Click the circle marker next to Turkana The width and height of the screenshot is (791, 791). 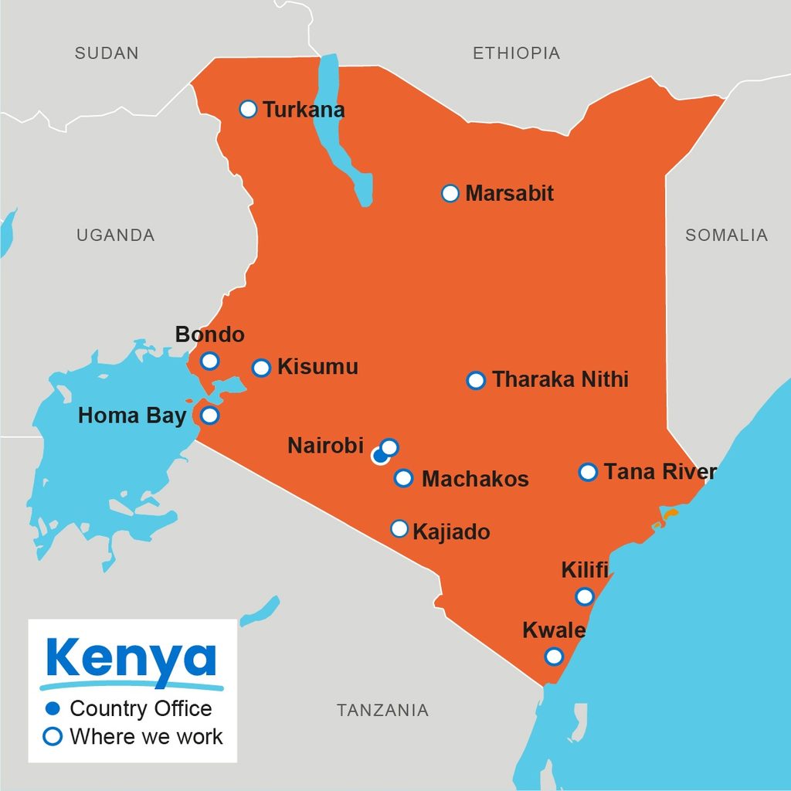click(x=248, y=109)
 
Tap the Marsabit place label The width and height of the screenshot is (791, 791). click(x=509, y=193)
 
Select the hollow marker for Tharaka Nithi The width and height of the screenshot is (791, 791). click(x=476, y=380)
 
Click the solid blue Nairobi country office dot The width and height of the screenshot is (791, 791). click(x=379, y=456)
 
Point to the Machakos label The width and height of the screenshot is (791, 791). click(x=475, y=479)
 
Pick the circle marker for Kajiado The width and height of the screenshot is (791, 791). click(x=399, y=528)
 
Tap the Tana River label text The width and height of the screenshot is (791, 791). click(x=660, y=472)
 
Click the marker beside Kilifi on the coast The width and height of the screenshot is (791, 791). click(x=585, y=596)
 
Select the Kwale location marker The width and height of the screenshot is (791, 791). click(x=553, y=657)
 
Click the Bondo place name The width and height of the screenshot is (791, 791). click(x=209, y=334)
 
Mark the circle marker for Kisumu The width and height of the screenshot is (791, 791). click(x=262, y=368)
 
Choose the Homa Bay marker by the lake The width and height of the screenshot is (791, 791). click(x=209, y=416)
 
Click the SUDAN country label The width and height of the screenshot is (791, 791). click(x=107, y=53)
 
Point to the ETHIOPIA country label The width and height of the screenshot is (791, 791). click(x=516, y=53)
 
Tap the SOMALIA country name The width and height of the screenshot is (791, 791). click(x=726, y=236)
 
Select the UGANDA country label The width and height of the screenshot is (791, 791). click(x=115, y=236)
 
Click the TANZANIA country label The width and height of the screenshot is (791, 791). click(x=382, y=710)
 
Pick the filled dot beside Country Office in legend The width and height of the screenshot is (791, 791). click(x=53, y=708)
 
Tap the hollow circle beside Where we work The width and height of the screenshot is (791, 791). click(x=53, y=736)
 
